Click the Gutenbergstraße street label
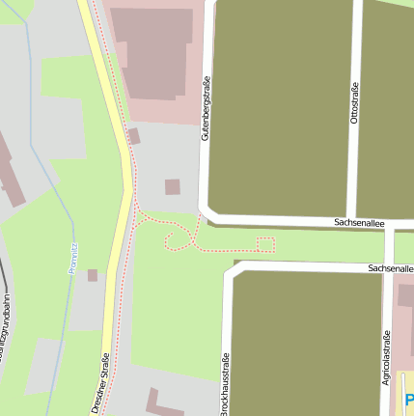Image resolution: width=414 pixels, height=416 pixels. tap(206, 108)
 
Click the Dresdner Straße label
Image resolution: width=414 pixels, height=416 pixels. tap(101, 383)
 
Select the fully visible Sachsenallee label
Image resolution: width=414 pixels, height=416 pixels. tap(359, 222)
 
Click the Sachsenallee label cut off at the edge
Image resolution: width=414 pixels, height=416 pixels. tap(391, 267)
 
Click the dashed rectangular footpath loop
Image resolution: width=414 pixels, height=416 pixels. tap(265, 244)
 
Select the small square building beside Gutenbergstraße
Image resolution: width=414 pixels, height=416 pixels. tap(172, 186)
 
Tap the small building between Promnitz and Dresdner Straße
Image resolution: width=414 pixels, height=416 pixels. tap(93, 275)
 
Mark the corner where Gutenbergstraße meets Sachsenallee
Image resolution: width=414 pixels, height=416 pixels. tap(206, 213)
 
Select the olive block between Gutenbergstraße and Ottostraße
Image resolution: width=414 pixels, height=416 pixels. tap(280, 106)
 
